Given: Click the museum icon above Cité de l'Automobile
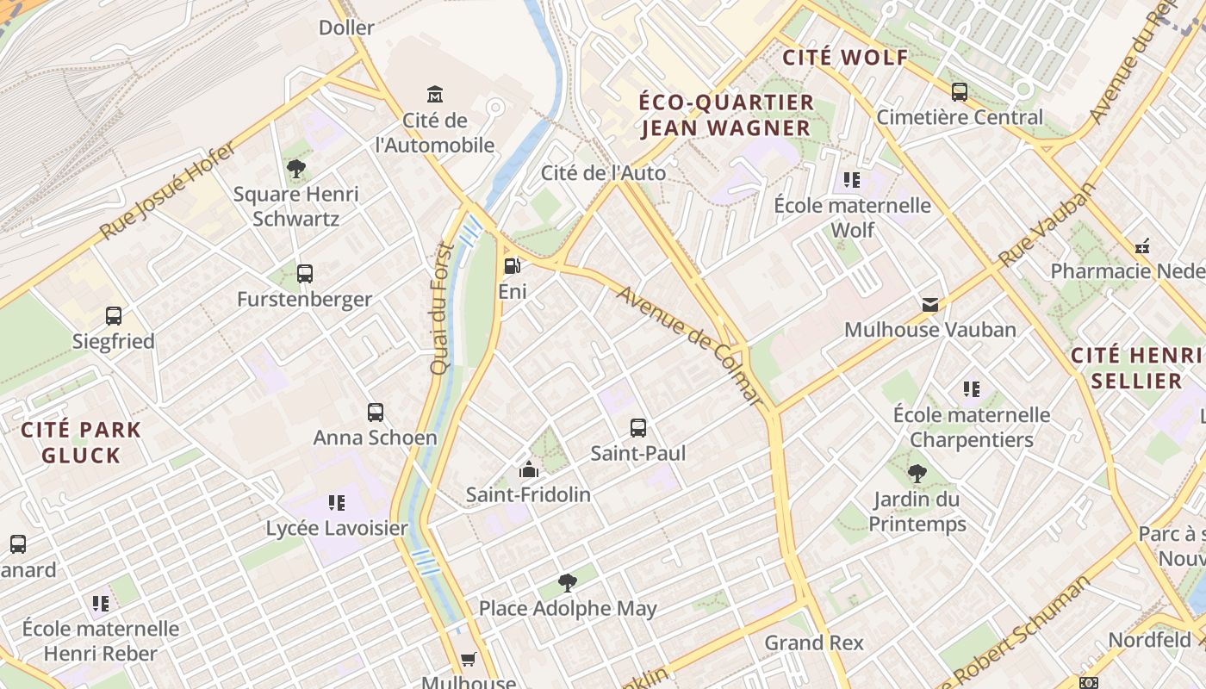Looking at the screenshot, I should (x=435, y=93).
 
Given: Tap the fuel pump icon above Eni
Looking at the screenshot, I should (x=512, y=266).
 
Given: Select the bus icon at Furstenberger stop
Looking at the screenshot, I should (x=304, y=274).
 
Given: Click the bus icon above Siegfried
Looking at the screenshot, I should (x=114, y=316).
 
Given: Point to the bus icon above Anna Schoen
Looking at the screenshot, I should (x=375, y=412).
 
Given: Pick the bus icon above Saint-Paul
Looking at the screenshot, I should (x=637, y=427).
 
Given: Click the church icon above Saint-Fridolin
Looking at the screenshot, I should (x=528, y=469).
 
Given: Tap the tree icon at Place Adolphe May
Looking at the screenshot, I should (x=567, y=583).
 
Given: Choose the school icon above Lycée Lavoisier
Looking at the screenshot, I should (x=336, y=502).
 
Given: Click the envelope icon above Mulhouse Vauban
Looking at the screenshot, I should (x=929, y=304).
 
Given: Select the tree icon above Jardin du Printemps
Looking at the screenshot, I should (x=917, y=473).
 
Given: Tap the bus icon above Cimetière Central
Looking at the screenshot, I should (x=959, y=91).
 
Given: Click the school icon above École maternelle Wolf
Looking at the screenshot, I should (x=852, y=179).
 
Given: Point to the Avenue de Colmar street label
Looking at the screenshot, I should (x=690, y=345).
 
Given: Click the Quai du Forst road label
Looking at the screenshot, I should (x=441, y=307).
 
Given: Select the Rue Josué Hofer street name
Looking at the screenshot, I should (x=167, y=191).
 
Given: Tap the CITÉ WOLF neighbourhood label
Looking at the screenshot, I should (x=844, y=58).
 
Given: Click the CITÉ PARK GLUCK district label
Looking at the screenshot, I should (x=81, y=442).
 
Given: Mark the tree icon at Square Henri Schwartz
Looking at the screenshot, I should (x=296, y=168).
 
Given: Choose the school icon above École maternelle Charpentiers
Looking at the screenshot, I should (x=972, y=389).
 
